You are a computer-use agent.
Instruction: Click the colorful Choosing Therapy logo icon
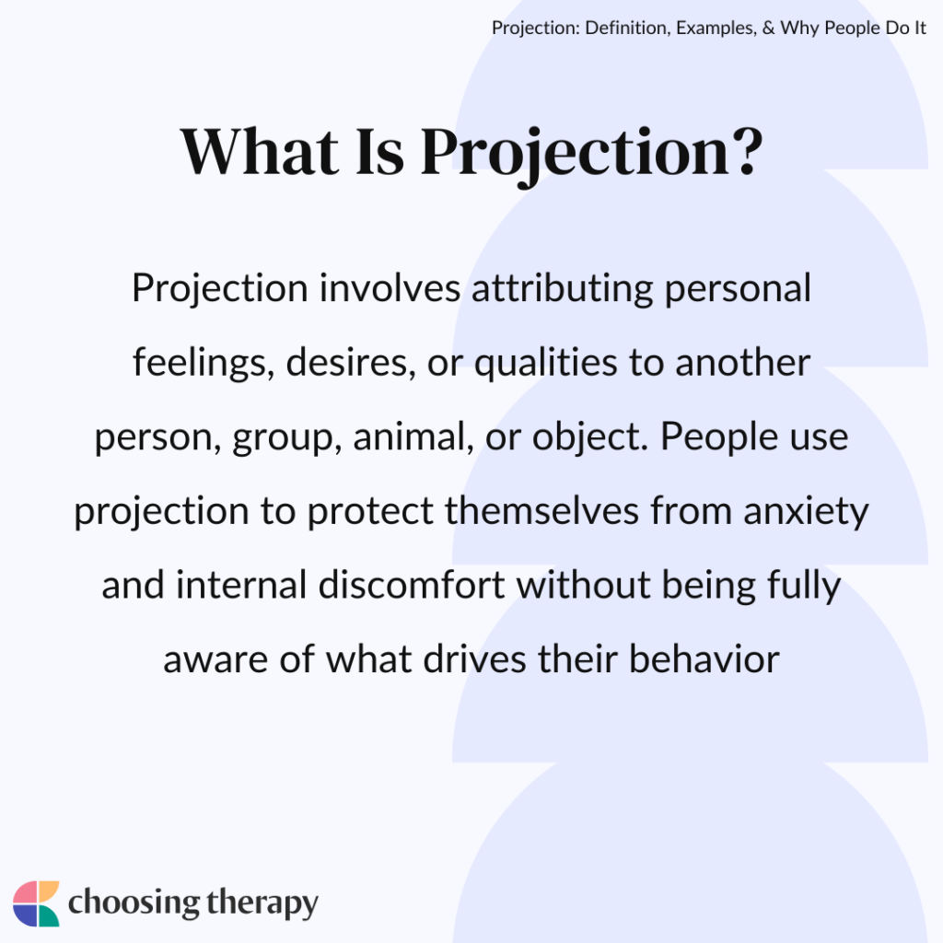click(x=36, y=903)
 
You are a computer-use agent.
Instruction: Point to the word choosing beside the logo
click(x=130, y=903)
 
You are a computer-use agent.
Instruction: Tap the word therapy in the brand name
click(x=257, y=903)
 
